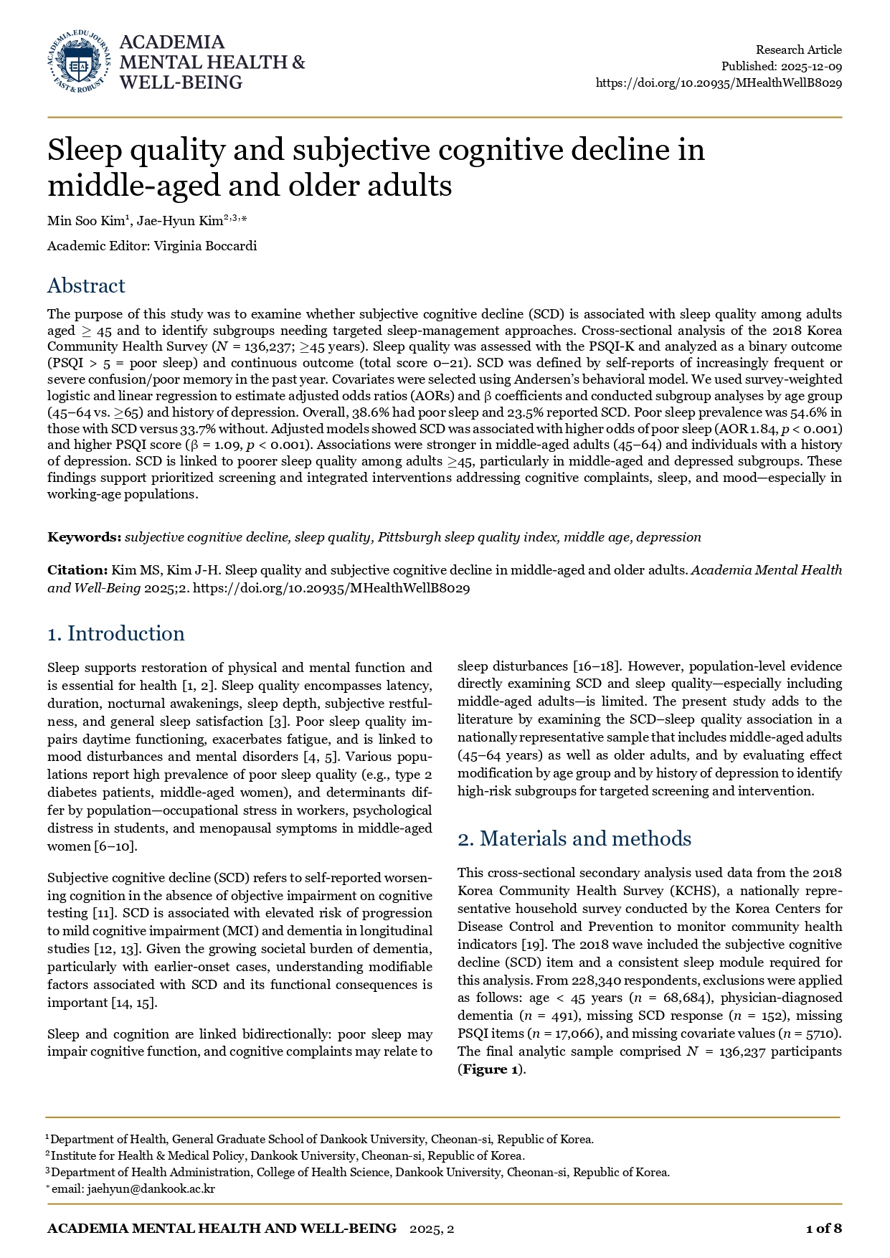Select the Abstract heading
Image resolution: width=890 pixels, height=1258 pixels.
(x=86, y=286)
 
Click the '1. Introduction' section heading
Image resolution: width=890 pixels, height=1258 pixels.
(x=116, y=634)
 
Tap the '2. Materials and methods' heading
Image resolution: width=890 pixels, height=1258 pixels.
(x=574, y=839)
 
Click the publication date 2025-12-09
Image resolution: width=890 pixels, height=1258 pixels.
(x=811, y=66)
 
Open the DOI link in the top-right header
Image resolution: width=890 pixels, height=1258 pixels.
(x=719, y=82)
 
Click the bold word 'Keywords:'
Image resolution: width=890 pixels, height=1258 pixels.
(x=85, y=537)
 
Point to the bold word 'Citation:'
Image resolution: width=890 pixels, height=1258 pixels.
(x=77, y=570)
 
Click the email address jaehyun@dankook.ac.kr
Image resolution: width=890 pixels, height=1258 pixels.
(x=151, y=1188)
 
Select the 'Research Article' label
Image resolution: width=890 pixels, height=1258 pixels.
(x=799, y=49)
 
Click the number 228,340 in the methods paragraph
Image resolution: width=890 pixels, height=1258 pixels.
(x=599, y=980)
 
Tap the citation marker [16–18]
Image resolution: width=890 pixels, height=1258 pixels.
(x=597, y=666)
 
